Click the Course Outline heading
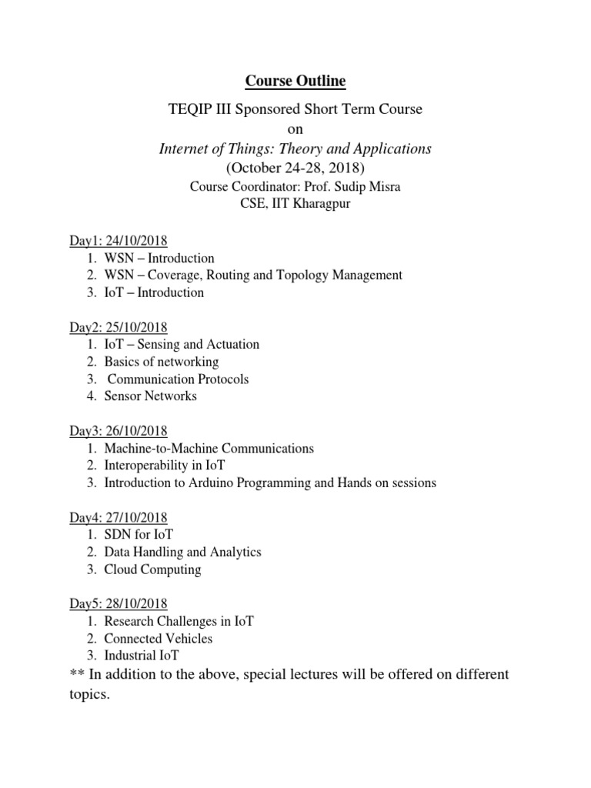(x=295, y=81)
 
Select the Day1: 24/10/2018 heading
(x=119, y=241)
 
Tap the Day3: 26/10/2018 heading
(x=119, y=430)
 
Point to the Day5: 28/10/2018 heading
(x=119, y=603)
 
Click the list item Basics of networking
(x=162, y=362)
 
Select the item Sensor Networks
(x=151, y=396)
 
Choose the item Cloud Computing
(x=152, y=569)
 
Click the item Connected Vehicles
(x=159, y=638)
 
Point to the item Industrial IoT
(x=142, y=656)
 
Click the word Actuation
(x=231, y=345)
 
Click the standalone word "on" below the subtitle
(x=295, y=129)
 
